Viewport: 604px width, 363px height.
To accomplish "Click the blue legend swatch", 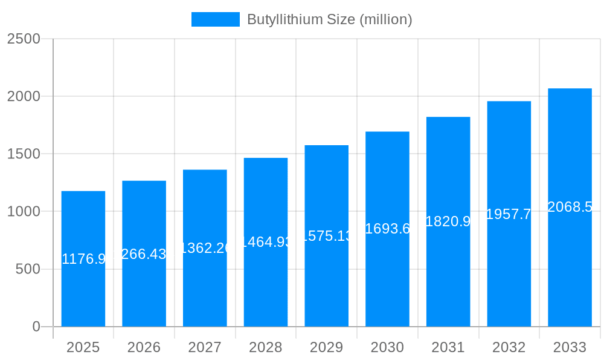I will coord(215,19).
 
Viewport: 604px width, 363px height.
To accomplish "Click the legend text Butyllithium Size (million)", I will coord(329,19).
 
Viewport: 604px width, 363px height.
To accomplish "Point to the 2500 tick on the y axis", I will coord(24,39).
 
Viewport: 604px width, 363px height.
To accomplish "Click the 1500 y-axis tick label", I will coord(24,154).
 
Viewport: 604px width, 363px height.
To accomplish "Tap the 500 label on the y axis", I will coord(28,269).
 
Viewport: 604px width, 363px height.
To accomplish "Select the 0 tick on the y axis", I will coord(36,327).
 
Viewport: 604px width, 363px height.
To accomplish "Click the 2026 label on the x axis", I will coord(144,347).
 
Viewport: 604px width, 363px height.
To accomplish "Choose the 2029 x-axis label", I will coord(326,347).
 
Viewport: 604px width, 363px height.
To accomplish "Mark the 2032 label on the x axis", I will coord(509,347).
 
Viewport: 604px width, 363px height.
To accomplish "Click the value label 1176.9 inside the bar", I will coord(83,259).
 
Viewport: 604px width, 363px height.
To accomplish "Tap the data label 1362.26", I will coord(205,247).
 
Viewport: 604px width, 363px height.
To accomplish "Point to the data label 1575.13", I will coord(326,236).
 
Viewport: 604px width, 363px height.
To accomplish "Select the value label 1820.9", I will coord(448,221).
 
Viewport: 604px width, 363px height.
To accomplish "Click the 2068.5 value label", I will coord(570,207).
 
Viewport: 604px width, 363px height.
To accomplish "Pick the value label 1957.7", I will coord(509,214).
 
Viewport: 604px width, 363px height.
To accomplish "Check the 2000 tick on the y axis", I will coord(24,96).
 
